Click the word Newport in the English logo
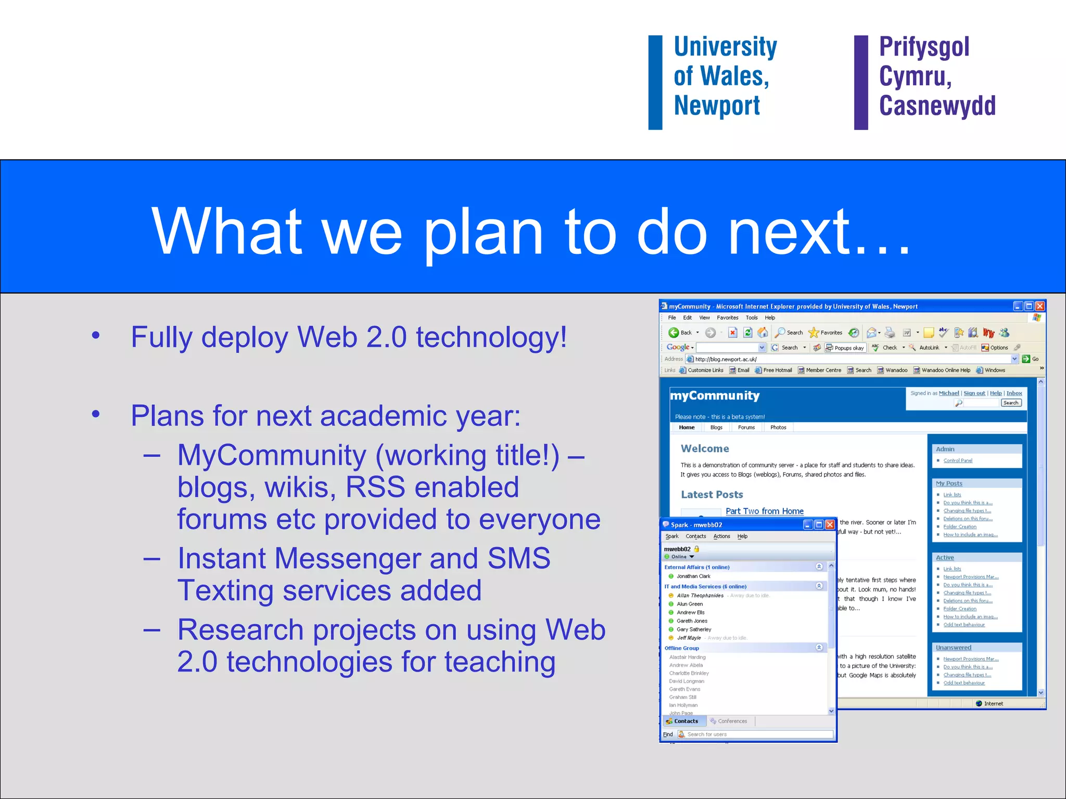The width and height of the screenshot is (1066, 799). [717, 106]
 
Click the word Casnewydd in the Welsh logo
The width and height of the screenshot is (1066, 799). [937, 106]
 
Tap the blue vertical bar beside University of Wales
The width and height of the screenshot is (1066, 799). [655, 82]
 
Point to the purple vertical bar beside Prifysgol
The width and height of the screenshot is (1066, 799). [861, 82]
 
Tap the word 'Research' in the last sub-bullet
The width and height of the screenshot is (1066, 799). [240, 630]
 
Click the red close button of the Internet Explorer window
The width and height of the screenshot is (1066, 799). [1039, 306]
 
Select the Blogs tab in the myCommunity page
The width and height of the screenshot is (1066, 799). [716, 428]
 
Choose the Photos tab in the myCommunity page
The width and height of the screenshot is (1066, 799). [778, 428]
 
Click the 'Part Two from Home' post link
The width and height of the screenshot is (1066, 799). [764, 511]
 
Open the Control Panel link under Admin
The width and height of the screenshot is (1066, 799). [958, 460]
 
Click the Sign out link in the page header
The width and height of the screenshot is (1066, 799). [974, 393]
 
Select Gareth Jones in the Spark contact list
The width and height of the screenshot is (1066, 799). [692, 621]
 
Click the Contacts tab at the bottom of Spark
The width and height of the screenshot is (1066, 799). [686, 721]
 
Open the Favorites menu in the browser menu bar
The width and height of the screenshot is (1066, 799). [727, 318]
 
